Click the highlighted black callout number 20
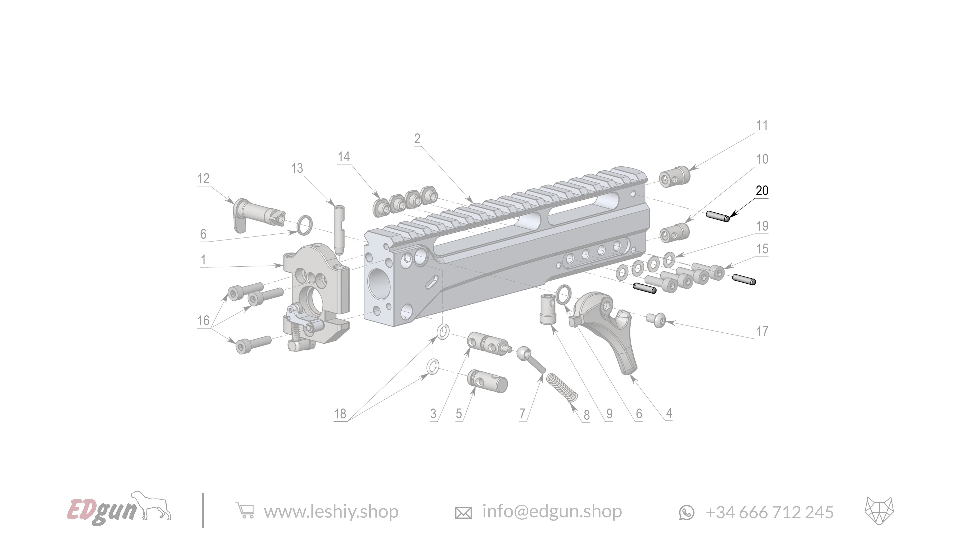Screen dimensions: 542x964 click(762, 191)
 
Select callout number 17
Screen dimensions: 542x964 click(762, 331)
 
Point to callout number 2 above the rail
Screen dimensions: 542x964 click(417, 139)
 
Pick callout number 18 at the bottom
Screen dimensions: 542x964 click(340, 414)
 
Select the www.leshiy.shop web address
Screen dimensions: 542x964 click(331, 511)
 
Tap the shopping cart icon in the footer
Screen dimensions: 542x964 click(245, 511)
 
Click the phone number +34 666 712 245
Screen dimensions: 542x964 click(770, 512)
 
